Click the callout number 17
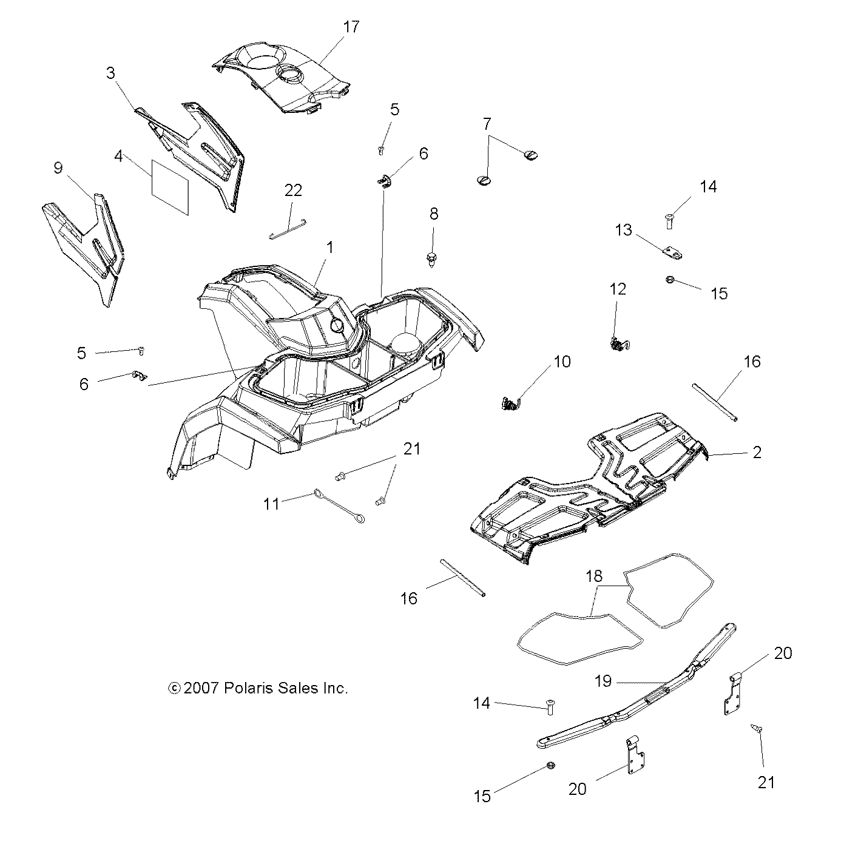coord(351,27)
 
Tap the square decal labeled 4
coord(170,188)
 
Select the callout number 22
coord(293,191)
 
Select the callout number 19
coord(603,681)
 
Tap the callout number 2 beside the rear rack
coord(757,452)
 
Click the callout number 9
coord(58,168)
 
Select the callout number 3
coord(110,73)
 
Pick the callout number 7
coord(487,124)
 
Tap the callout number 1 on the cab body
coord(329,248)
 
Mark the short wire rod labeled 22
coord(289,228)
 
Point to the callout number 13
coord(623,230)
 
